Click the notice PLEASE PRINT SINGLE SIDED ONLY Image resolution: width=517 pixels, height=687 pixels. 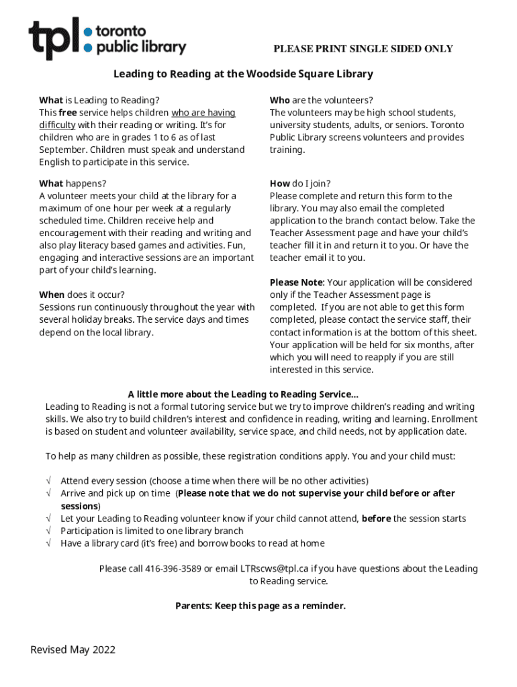363,49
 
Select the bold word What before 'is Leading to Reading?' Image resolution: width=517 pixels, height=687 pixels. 51,100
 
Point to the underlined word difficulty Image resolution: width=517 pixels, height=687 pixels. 57,125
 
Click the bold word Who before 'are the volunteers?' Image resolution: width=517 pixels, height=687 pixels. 280,100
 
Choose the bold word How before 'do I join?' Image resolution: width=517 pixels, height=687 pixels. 280,183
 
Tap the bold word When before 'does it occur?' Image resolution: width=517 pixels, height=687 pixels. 52,295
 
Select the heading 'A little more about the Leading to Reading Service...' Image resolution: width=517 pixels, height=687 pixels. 243,394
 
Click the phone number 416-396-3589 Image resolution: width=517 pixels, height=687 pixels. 167,569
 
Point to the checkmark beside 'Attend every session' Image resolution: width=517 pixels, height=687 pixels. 49,481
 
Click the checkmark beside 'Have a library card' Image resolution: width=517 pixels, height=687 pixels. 49,543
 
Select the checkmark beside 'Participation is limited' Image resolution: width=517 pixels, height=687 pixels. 49,531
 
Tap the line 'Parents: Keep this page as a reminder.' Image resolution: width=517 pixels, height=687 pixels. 261,606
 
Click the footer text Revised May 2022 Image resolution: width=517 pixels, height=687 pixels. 73,649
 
